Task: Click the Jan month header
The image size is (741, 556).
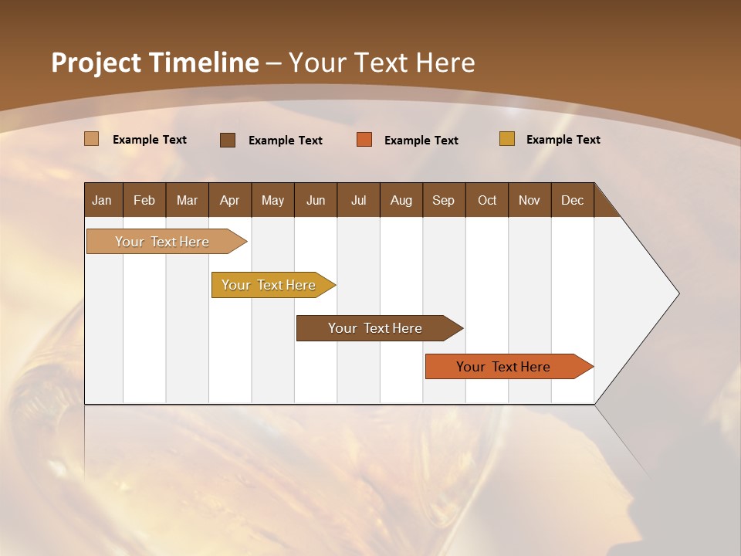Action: pos(102,200)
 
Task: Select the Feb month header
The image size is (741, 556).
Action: pos(144,200)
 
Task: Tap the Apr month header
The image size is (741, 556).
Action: pos(229,200)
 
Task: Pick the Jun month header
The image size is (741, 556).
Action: pos(316,200)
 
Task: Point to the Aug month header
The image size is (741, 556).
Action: pos(401,200)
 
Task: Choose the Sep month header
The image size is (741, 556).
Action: pos(443,200)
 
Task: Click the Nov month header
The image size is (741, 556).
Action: pos(529,200)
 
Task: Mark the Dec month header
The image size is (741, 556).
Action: pos(572,200)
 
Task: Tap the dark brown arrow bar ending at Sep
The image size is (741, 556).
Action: pos(376,328)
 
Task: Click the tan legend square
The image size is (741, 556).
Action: pos(91,139)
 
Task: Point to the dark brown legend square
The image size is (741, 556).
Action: pos(228,140)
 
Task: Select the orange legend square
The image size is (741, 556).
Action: pos(364,140)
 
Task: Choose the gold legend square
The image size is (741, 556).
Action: pos(507,139)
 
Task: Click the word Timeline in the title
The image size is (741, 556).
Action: pos(204,63)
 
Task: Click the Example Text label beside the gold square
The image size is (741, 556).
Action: pos(563,140)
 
